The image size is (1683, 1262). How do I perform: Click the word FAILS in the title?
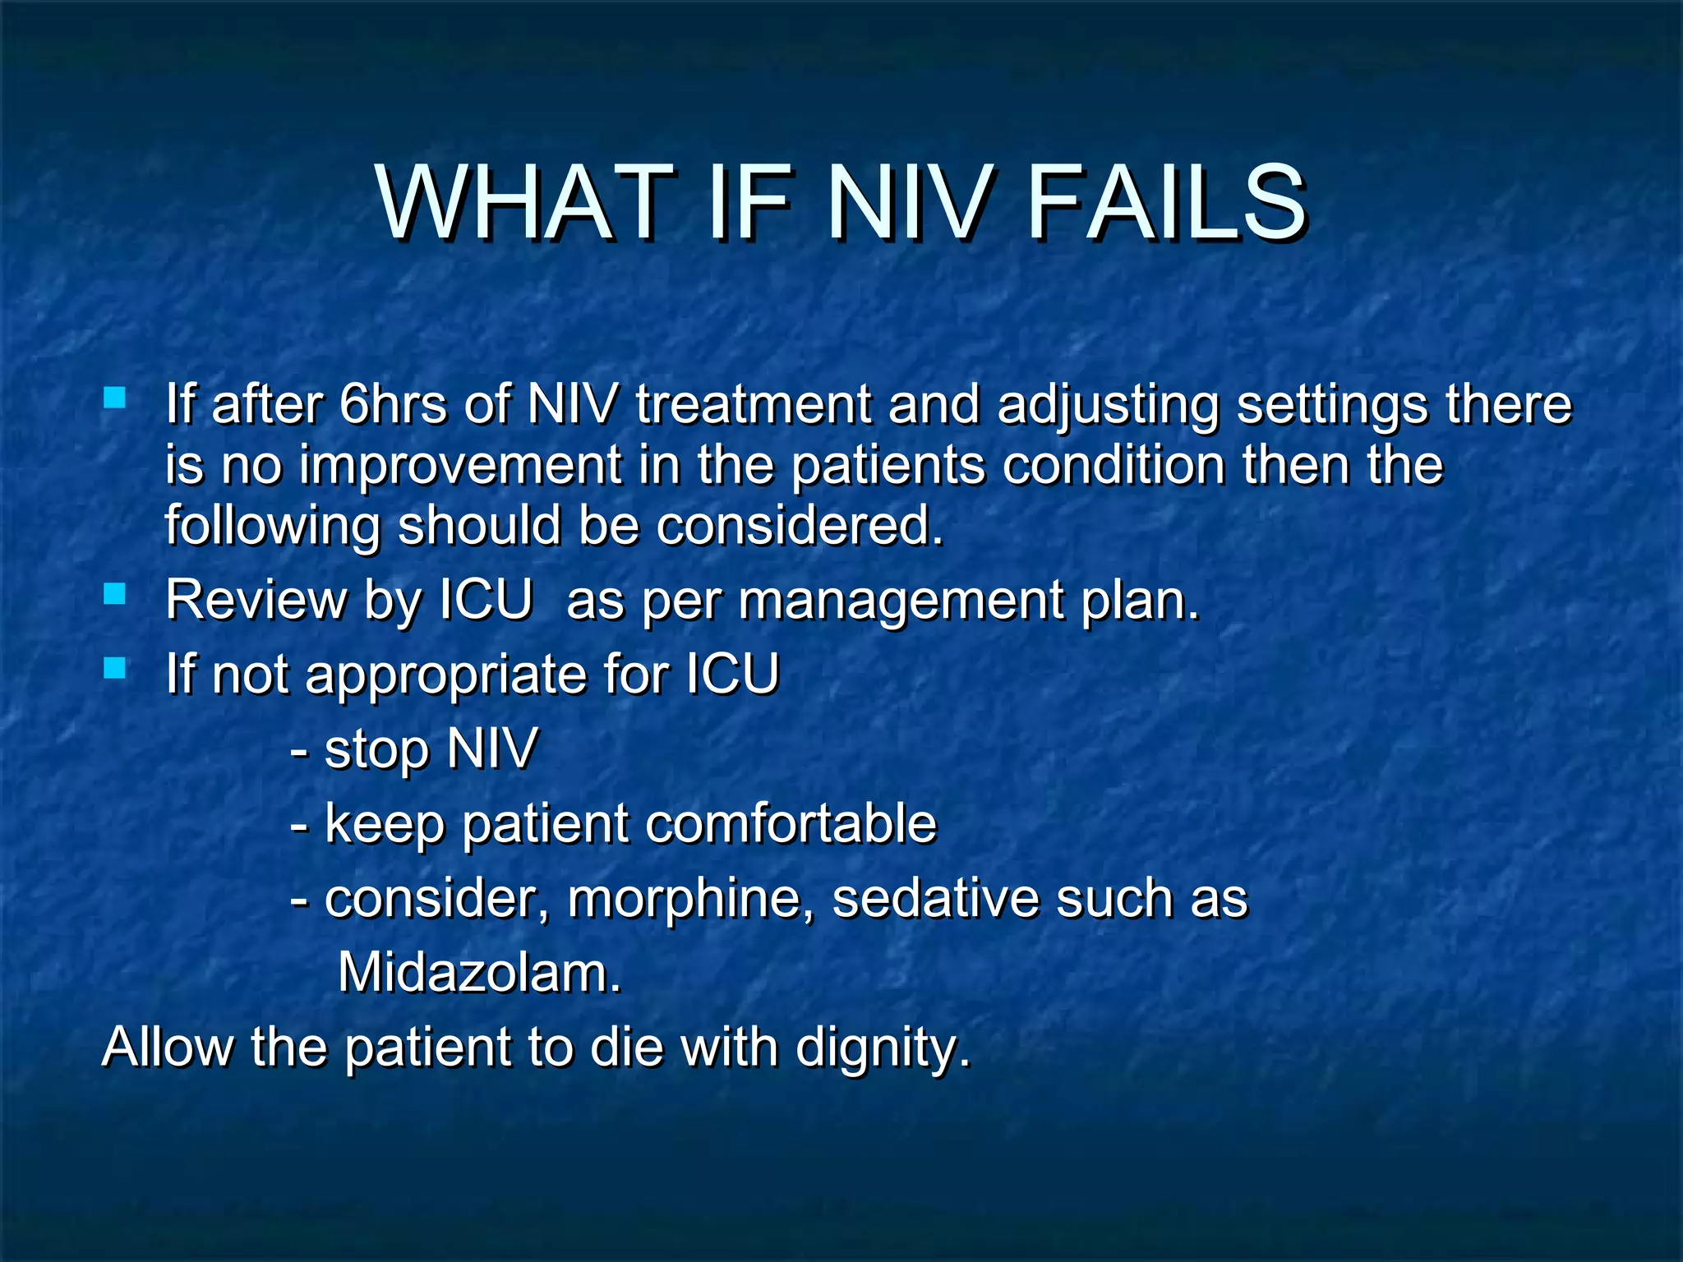click(x=1164, y=203)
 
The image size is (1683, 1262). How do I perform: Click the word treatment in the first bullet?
click(x=753, y=404)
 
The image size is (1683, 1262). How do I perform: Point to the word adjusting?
click(x=1107, y=406)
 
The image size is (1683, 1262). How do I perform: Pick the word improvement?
click(x=460, y=465)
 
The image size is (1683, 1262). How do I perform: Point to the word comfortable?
click(x=790, y=823)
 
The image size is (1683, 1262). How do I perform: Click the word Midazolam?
click(x=479, y=973)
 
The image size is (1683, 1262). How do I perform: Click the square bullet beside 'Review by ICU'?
click(x=115, y=593)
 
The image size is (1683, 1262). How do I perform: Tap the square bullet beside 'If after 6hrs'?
click(x=115, y=398)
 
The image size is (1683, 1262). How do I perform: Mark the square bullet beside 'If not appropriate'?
click(x=115, y=667)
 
